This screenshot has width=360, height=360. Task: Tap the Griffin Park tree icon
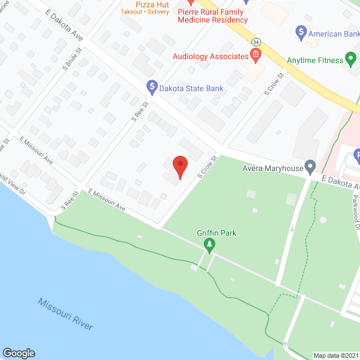tap(209, 244)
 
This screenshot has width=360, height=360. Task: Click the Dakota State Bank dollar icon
tap(151, 87)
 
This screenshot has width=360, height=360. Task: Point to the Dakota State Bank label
tap(191, 88)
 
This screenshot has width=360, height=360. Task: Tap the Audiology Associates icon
tap(255, 56)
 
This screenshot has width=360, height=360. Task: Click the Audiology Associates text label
tap(211, 56)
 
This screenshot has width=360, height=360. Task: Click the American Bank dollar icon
tap(301, 32)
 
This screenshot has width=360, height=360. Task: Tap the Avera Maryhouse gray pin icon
tap(309, 166)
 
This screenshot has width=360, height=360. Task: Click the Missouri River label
tap(65, 314)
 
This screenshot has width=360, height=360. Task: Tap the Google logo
tap(18, 353)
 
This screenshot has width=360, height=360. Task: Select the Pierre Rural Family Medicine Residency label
tap(213, 16)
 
